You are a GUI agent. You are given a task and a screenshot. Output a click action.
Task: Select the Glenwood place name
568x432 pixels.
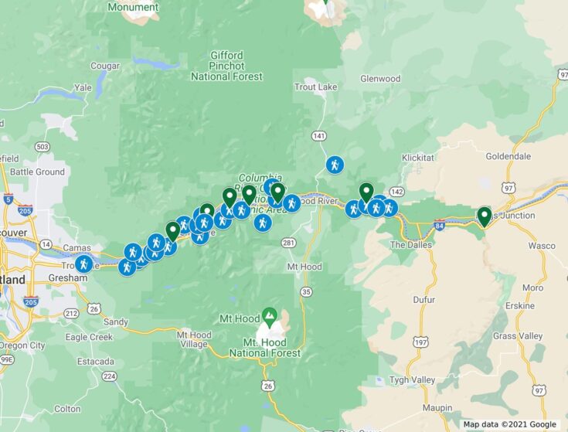pos(380,79)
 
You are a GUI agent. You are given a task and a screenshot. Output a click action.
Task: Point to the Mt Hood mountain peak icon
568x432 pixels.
pos(269,315)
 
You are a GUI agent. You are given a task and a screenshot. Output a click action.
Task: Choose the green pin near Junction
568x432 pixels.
pos(485,216)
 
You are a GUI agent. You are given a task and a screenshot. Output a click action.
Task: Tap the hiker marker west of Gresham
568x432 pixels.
pos(83,264)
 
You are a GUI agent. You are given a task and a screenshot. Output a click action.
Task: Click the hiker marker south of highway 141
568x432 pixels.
pos(334,165)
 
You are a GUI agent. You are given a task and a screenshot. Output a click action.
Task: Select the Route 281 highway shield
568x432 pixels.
pos(288,243)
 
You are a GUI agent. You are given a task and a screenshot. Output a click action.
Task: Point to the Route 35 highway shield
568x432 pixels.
pos(307,291)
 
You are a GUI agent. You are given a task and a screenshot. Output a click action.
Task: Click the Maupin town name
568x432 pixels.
pos(443,407)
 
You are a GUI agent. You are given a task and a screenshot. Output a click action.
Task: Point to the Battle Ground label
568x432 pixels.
pos(37,172)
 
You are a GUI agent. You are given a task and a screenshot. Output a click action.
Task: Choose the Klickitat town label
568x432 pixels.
pos(420,158)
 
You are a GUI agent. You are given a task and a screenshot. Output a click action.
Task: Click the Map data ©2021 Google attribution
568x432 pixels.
pos(510,424)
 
